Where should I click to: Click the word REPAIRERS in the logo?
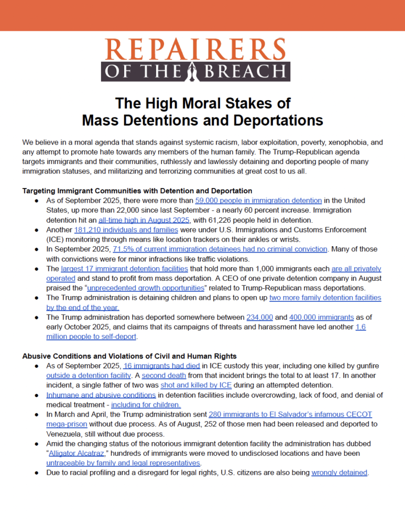coord(202,50)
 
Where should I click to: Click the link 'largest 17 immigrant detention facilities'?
coord(123,269)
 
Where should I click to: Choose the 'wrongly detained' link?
coord(339,472)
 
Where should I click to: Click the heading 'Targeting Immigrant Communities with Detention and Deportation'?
coord(137,191)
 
